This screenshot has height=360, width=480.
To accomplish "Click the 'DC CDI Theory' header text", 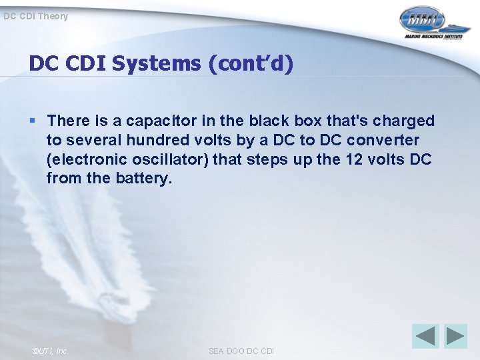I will point(35,16).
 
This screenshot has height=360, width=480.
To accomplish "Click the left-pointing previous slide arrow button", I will point(425,335).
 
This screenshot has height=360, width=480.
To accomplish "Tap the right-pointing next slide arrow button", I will point(456,335).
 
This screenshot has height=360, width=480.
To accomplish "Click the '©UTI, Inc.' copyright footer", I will point(51,351).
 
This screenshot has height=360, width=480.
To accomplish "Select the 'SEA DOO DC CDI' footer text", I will point(241,351).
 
